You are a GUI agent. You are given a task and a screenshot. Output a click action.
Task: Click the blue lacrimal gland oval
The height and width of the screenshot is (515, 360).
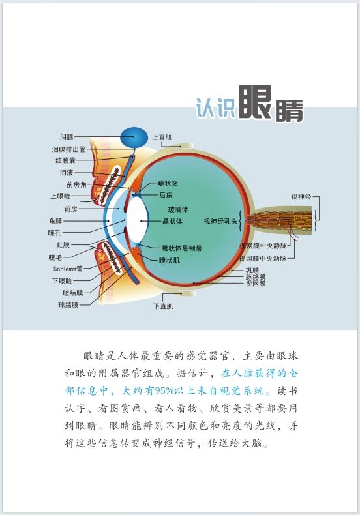[x=133, y=137]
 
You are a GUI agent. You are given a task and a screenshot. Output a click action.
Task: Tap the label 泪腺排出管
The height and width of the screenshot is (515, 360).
[x=68, y=149]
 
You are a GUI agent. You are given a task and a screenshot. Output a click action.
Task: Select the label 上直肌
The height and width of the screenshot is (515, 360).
[x=162, y=138]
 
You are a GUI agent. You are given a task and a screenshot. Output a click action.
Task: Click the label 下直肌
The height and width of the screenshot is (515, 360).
[x=163, y=306]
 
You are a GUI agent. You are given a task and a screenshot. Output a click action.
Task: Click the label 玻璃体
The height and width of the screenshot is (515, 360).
[x=178, y=209]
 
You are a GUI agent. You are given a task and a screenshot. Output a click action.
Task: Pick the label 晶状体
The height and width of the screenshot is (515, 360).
[x=172, y=221]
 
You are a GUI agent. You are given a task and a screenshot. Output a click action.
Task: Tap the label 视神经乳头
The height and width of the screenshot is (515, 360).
[x=220, y=222]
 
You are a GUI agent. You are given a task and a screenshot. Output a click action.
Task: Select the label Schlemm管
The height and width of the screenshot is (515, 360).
[x=68, y=269]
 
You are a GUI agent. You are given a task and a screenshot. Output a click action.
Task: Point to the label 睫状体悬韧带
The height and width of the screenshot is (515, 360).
[x=182, y=248]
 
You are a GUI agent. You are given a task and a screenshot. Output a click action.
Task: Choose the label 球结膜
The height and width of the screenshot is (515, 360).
[x=68, y=305]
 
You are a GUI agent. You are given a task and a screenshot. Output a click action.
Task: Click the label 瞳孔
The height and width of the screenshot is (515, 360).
[x=55, y=233]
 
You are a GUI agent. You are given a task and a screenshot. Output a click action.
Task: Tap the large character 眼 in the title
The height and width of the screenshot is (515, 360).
[x=255, y=102]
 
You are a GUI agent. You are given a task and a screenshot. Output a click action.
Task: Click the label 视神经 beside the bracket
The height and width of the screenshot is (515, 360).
[x=301, y=197]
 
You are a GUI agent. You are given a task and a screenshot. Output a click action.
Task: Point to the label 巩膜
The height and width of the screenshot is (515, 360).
[x=252, y=271]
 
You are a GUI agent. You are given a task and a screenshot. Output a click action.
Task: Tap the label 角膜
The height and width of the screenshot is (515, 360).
[x=55, y=221]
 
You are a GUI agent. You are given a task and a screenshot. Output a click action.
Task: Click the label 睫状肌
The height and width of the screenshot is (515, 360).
[x=170, y=261]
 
